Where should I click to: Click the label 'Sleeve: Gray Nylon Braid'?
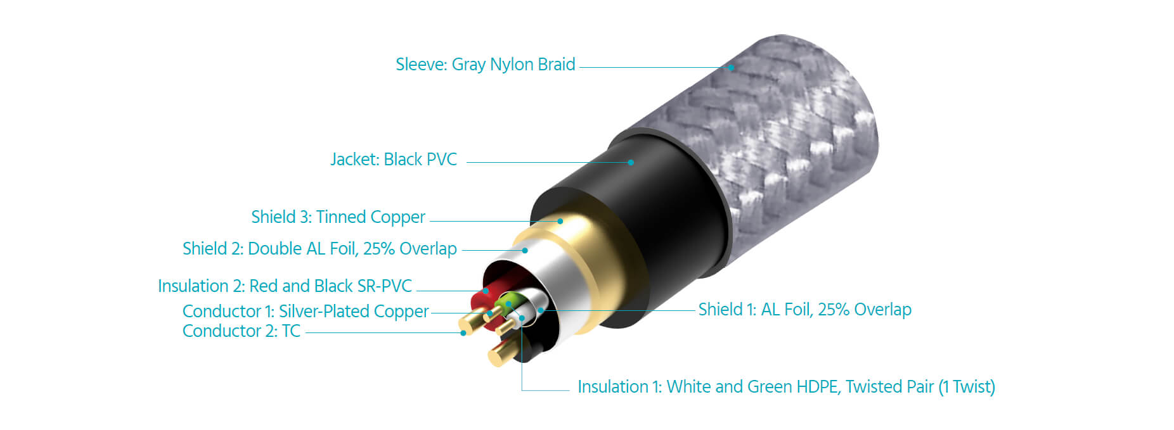coord(486,65)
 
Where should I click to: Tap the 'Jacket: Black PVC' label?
coord(394,159)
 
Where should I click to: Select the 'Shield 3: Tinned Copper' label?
coord(338,217)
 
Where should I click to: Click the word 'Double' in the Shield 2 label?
coord(275,248)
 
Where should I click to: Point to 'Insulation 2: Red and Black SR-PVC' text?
coord(285,286)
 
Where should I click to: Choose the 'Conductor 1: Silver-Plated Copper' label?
coord(306,312)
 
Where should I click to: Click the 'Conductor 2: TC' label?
coord(242,331)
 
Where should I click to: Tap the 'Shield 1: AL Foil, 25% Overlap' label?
coord(805,310)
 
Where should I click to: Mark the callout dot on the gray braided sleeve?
coord(731,67)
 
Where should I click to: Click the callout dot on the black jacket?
coord(631,162)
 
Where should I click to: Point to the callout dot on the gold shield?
coord(560,221)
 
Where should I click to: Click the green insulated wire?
coord(508,301)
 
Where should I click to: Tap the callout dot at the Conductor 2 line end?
coord(463,333)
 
